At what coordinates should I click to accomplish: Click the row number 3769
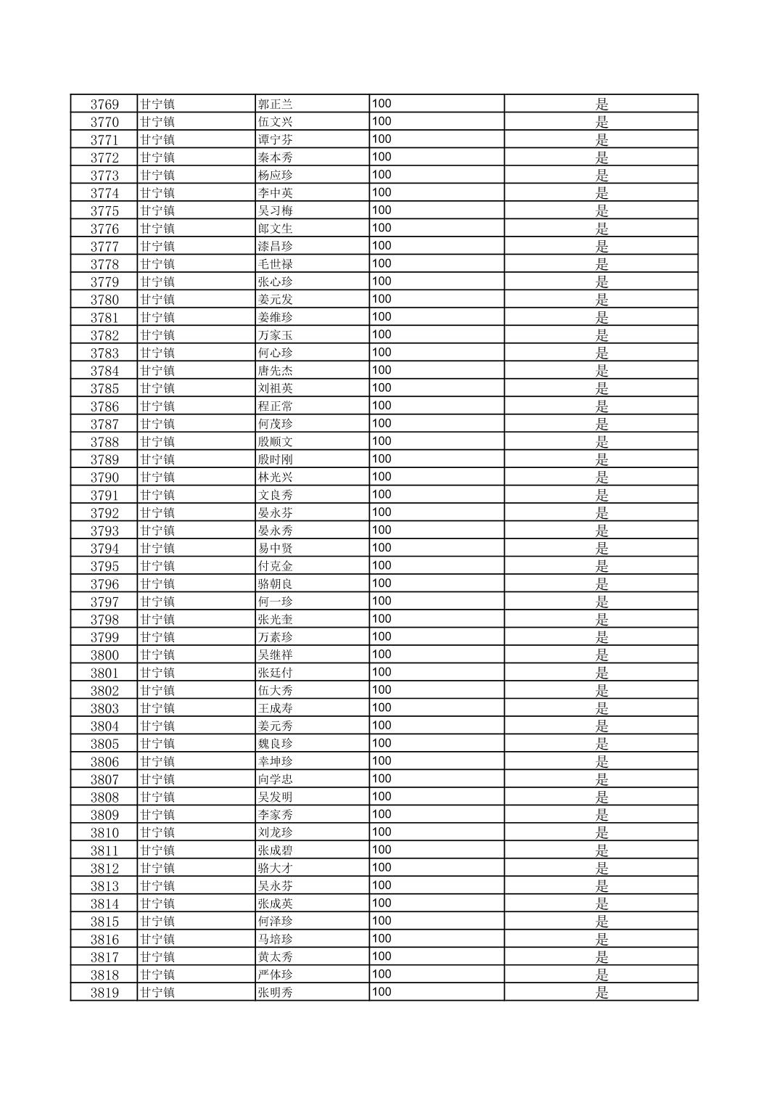[104, 104]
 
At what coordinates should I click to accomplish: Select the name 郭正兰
[276, 104]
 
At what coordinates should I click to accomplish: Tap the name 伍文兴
[276, 122]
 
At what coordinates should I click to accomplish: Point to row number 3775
[104, 210]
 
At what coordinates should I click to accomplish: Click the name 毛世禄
[276, 264]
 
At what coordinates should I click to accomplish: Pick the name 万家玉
[276, 335]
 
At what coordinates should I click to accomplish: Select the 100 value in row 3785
[382, 388]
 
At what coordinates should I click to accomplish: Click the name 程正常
[276, 406]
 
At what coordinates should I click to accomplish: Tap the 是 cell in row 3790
[602, 477]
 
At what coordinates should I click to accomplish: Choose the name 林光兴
[276, 477]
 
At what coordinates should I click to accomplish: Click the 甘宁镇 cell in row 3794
[157, 549]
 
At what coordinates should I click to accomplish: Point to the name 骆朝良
[276, 584]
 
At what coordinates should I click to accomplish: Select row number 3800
[104, 655]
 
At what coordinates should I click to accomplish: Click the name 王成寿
[276, 708]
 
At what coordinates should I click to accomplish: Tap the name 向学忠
[276, 779]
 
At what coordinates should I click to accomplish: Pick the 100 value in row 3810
[382, 832]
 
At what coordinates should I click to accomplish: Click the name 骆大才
[276, 868]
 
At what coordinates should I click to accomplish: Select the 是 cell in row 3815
[602, 922]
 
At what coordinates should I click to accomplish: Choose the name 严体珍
[276, 975]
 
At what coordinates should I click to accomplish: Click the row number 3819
[104, 993]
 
